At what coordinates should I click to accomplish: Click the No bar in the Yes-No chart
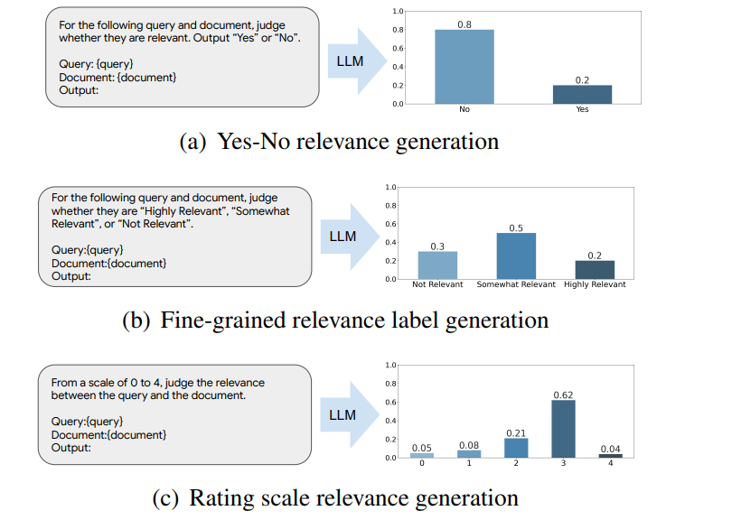point(465,67)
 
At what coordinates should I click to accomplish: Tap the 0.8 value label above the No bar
point(465,23)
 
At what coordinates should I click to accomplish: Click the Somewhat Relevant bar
point(515,255)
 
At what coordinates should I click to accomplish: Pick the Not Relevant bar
point(437,265)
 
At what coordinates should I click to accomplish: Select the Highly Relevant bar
point(594,269)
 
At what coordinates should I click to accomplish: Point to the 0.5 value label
point(515,227)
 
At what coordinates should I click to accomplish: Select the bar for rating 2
point(515,448)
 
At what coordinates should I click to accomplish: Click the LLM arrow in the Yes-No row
point(355,60)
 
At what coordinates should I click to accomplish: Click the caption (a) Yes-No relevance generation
point(339,141)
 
